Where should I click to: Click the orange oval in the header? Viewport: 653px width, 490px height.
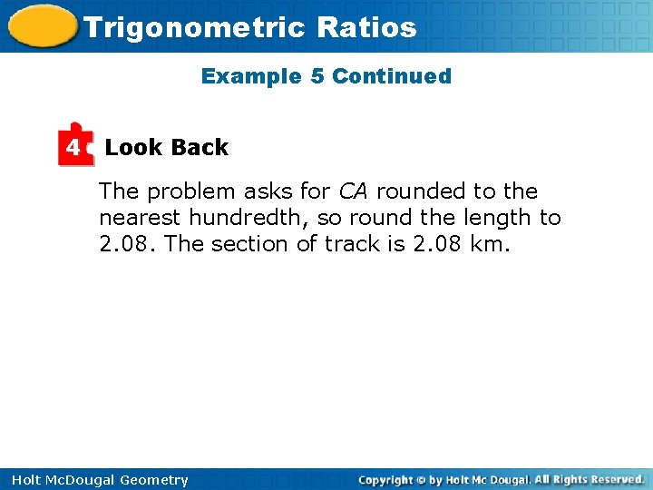40,25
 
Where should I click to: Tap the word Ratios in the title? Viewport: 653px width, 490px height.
366,27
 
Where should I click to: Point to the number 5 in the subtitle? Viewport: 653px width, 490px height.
317,76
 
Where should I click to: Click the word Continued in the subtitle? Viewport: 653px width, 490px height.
391,76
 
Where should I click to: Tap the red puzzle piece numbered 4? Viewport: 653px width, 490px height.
75,145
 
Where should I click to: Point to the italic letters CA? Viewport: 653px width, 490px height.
354,191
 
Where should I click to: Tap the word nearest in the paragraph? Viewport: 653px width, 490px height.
140,218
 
